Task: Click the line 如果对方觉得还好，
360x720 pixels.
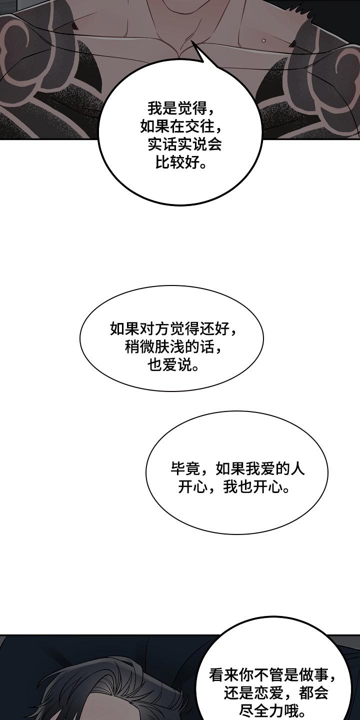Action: click(x=173, y=329)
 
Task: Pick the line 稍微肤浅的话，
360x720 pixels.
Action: click(x=173, y=347)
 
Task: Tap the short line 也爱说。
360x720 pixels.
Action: click(x=173, y=365)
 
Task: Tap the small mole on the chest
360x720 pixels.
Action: click(x=263, y=41)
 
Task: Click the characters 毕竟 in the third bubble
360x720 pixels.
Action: click(x=185, y=469)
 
